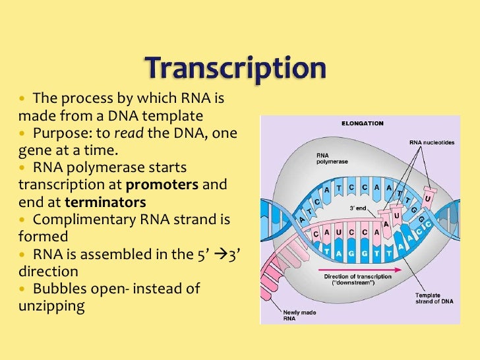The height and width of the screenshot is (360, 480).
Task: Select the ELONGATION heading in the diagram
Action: click(x=362, y=123)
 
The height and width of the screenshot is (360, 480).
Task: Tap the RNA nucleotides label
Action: click(x=431, y=142)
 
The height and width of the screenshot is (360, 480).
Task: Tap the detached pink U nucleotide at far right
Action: click(x=429, y=197)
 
